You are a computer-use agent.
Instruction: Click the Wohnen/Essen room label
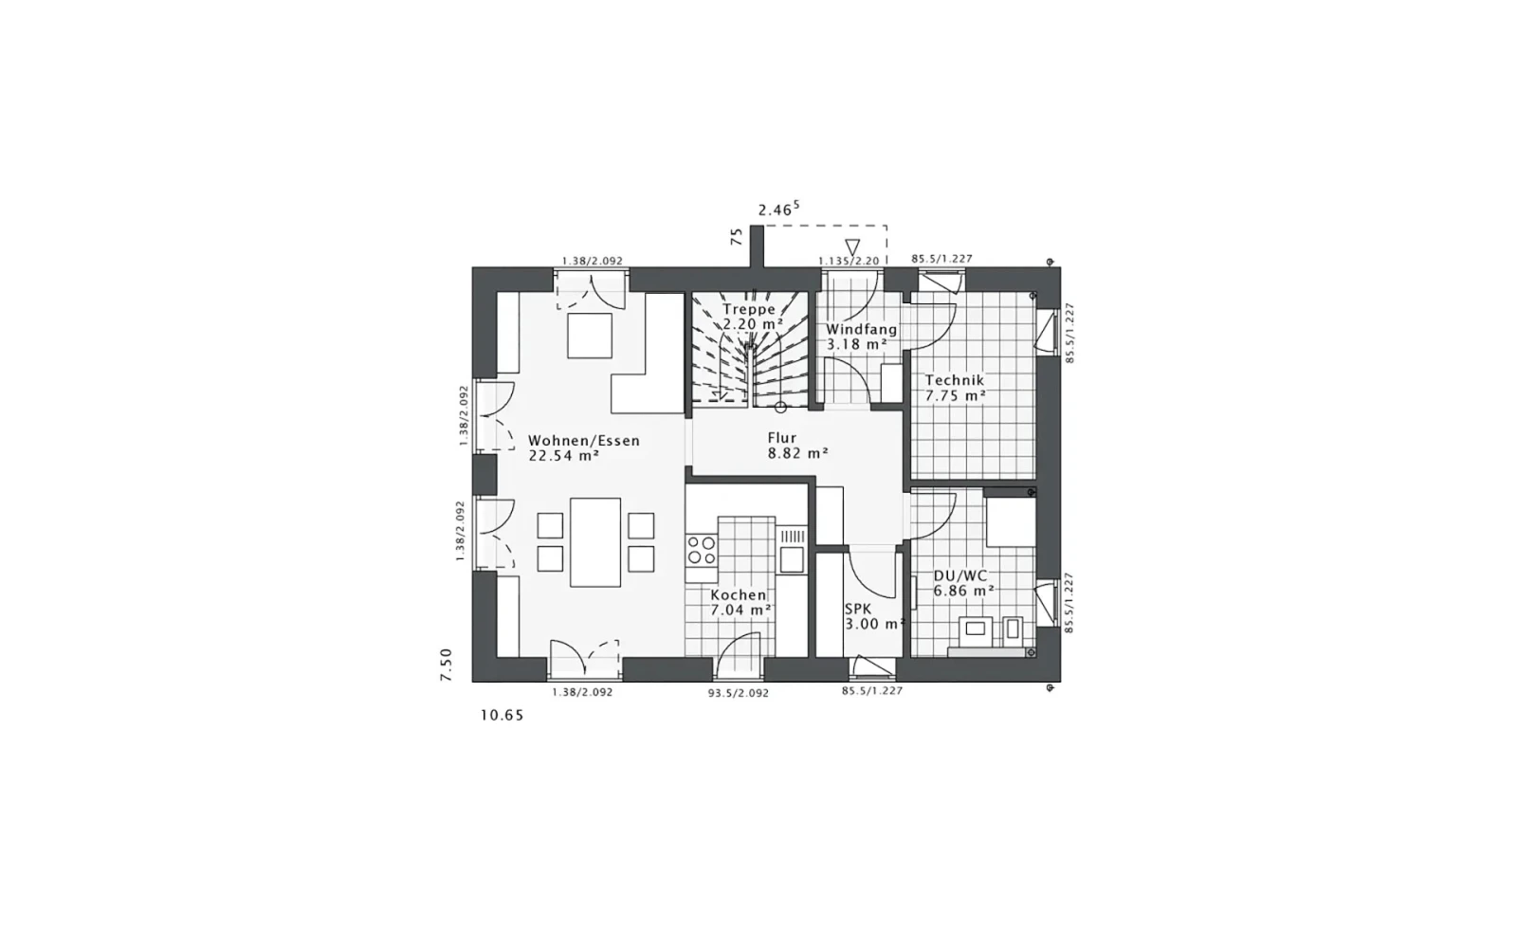pos(584,441)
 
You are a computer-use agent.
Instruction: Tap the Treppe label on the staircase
pos(748,309)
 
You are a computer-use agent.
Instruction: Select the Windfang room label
pos(862,329)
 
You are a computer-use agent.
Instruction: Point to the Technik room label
pos(955,380)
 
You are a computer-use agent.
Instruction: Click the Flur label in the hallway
pos(782,438)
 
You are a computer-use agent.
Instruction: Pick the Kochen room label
pos(739,595)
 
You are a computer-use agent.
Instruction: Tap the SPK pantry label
pos(858,610)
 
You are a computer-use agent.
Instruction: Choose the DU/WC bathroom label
pos(960,576)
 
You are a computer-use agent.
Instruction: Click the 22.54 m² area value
pos(564,456)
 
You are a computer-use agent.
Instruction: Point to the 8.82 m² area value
pos(797,454)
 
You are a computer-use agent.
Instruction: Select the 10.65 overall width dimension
pos(502,715)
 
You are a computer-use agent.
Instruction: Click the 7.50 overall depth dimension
pos(446,665)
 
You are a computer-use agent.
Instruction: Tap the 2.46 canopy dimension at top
pos(778,210)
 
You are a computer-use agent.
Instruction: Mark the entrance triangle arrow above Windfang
pos(852,247)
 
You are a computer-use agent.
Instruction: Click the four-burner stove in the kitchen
pos(701,550)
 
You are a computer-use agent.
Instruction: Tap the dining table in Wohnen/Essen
pos(595,542)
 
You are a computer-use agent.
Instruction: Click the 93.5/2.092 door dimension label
pos(739,693)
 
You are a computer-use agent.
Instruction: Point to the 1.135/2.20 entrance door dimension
pos(849,261)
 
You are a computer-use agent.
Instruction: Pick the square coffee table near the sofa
pos(589,336)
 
